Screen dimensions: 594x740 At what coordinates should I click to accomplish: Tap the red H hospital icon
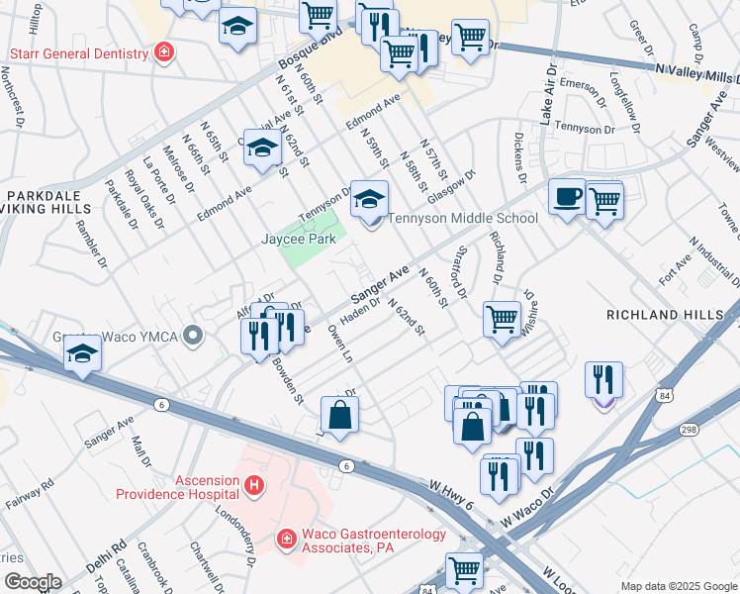tap(254, 485)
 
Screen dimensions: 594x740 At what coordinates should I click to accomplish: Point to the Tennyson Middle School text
tap(463, 219)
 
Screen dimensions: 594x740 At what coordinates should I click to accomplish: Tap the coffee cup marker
tap(567, 197)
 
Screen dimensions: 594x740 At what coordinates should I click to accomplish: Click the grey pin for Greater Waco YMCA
tap(194, 337)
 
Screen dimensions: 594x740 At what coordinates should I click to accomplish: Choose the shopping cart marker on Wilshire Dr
tap(503, 319)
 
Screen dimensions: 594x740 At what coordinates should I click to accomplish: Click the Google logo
tap(34, 582)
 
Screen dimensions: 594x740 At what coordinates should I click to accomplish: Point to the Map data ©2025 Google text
tap(678, 586)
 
